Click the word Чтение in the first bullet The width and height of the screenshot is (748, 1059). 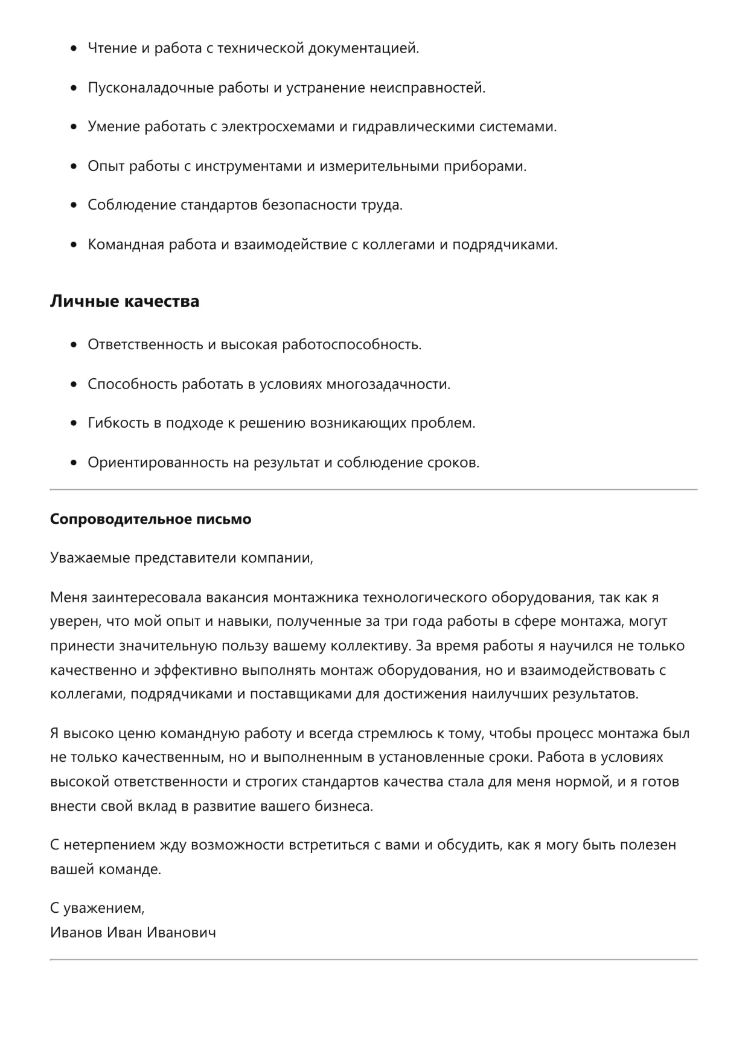pos(112,48)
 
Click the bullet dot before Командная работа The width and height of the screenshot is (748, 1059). pos(74,245)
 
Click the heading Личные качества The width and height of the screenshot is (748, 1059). pos(124,301)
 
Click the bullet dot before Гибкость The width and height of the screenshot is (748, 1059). pos(74,423)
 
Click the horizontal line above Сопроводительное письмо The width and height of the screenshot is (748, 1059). pos(374,489)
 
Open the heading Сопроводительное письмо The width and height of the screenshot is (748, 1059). pos(150,519)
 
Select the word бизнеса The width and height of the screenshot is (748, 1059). pos(343,806)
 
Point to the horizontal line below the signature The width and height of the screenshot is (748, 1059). pos(374,959)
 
